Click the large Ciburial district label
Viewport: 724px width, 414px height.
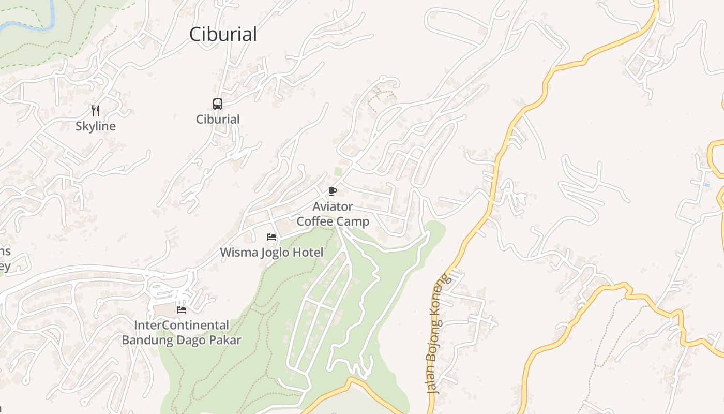click(x=223, y=34)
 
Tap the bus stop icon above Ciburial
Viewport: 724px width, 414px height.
click(x=218, y=104)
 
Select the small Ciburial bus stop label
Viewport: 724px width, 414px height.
click(x=218, y=120)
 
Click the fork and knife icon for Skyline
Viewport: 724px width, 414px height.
click(x=95, y=110)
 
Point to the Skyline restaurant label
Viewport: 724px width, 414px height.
click(x=96, y=126)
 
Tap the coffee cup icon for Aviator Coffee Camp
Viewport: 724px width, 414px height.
click(x=333, y=191)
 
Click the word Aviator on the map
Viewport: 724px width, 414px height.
click(x=333, y=207)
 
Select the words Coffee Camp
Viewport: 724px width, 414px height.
click(x=333, y=221)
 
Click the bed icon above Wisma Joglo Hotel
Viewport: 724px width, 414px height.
click(x=271, y=237)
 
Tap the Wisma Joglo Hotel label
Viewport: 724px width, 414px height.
click(x=271, y=253)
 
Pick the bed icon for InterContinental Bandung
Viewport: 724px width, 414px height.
click(x=182, y=310)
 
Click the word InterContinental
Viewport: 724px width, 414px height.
click(x=182, y=326)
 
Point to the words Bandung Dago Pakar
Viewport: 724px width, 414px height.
click(x=182, y=340)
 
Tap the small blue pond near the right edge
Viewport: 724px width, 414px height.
click(x=706, y=185)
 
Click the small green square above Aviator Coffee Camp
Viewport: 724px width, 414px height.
click(x=338, y=171)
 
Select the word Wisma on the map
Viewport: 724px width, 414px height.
click(x=237, y=253)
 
